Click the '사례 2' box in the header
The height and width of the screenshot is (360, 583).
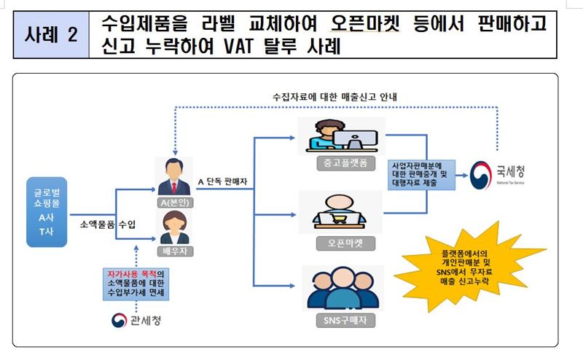[50, 34]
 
